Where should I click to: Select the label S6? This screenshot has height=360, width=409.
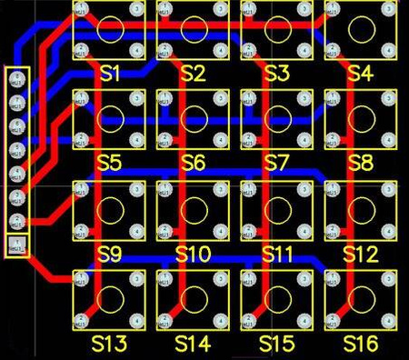(x=193, y=164)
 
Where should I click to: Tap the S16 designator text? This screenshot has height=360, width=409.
(x=361, y=344)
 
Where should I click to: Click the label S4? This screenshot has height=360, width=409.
(x=360, y=73)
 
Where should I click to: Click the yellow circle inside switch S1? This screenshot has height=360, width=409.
(x=109, y=29)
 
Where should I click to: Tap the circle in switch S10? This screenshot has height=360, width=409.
(x=193, y=209)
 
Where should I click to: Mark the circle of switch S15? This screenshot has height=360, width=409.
(x=276, y=298)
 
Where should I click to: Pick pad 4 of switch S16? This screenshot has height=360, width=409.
(x=386, y=320)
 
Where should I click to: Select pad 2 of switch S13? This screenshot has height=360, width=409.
(x=81, y=320)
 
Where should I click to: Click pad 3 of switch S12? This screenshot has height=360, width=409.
(x=386, y=189)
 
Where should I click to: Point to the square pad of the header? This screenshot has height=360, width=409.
(x=16, y=244)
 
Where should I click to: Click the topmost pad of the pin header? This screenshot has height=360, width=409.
(x=16, y=78)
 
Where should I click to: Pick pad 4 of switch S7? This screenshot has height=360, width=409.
(x=303, y=139)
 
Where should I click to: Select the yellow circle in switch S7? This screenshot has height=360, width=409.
(x=276, y=118)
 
